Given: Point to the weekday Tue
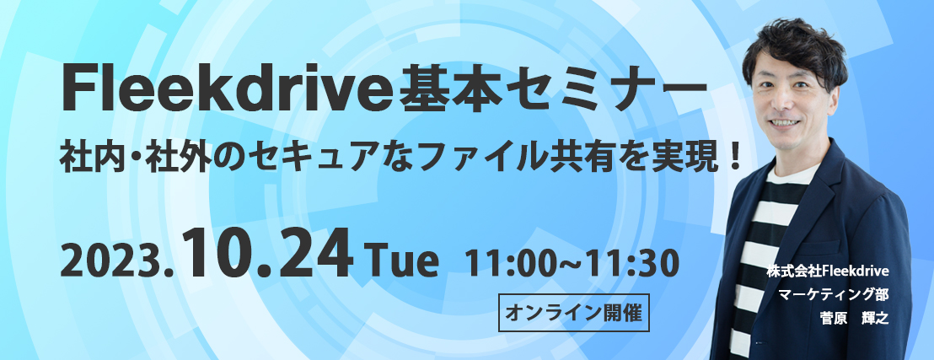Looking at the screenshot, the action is [x=405, y=262].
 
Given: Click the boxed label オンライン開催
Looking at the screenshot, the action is [x=573, y=313].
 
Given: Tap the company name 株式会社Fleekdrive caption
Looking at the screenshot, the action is [x=828, y=271].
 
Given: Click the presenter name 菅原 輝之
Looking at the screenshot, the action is [x=855, y=318].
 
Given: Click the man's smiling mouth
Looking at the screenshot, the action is [x=784, y=123].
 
